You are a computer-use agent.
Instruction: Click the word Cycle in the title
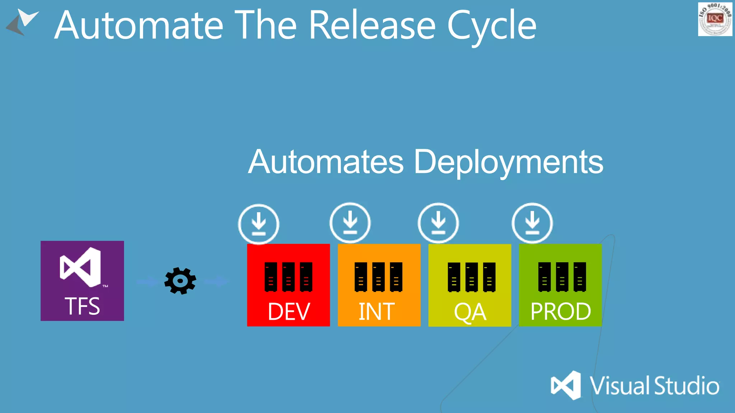click(491, 26)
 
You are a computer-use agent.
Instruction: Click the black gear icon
click(180, 281)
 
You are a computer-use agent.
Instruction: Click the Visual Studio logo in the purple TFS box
click(81, 267)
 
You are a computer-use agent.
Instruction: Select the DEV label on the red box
click(289, 311)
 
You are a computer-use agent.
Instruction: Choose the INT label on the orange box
click(377, 311)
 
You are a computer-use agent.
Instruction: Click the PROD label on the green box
click(561, 311)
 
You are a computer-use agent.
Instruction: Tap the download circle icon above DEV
click(258, 224)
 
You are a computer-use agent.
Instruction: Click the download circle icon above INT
click(350, 223)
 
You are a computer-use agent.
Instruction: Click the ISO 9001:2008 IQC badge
click(715, 19)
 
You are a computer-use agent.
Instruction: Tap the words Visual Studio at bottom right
click(655, 386)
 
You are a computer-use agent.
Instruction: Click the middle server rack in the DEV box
click(288, 277)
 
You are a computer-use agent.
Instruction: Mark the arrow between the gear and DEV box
click(216, 281)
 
